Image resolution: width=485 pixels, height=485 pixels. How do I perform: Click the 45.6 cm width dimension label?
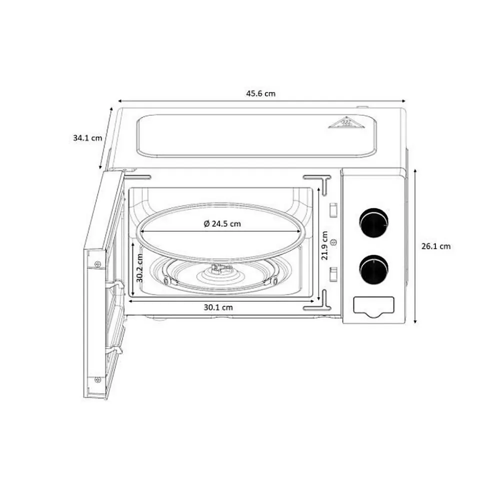[260, 93]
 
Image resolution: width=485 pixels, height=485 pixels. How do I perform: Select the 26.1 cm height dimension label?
[435, 246]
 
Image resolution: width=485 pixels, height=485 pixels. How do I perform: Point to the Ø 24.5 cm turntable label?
[222, 224]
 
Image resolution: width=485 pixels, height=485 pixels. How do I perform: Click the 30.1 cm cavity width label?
[218, 308]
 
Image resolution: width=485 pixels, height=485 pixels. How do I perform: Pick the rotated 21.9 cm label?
[325, 245]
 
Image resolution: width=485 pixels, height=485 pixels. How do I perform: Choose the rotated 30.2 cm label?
[140, 268]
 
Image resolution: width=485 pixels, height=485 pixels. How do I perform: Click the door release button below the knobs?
[373, 306]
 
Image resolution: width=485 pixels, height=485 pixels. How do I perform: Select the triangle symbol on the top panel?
[344, 122]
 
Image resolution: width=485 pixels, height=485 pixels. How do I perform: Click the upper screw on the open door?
[97, 264]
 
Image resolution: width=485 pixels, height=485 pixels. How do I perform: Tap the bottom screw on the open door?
[97, 380]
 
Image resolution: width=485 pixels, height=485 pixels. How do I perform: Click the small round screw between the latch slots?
[334, 242]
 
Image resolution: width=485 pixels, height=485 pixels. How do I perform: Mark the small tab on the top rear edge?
[362, 107]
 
